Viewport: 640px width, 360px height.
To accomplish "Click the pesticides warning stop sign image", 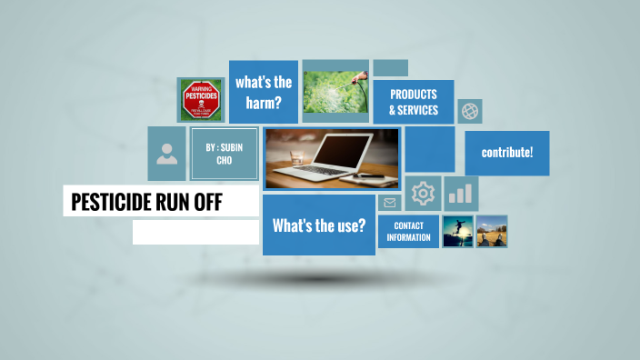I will (200, 99).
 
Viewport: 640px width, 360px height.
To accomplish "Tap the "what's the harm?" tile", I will (264, 92).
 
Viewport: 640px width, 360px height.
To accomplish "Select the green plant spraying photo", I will (335, 91).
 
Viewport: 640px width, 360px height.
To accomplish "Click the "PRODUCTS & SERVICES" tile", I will (414, 102).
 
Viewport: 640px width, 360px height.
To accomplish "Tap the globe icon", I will (470, 111).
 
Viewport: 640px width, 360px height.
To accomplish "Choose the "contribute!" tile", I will (506, 153).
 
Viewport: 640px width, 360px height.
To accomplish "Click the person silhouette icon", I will (166, 153).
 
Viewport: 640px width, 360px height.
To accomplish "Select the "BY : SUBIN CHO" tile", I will (224, 154).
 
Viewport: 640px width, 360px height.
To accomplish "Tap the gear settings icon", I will (423, 193).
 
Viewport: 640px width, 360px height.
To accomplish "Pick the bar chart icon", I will (461, 193).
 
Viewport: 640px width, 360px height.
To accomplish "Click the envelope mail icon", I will (390, 203).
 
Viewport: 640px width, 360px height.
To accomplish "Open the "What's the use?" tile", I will (319, 225).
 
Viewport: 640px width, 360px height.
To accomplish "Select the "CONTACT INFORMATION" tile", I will (408, 231).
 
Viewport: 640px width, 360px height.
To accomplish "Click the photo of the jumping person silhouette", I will (457, 231).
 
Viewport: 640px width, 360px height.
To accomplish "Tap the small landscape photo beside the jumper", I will (492, 231).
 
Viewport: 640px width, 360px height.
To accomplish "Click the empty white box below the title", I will (195, 232).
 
